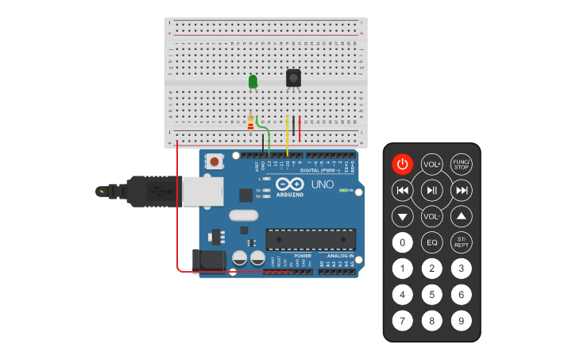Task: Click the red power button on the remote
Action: click(403, 165)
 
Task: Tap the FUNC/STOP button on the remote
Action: click(461, 165)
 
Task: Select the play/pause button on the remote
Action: click(431, 190)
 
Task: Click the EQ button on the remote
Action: click(431, 242)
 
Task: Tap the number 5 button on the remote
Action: click(431, 295)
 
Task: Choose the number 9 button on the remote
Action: click(461, 321)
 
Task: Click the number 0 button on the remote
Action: click(403, 242)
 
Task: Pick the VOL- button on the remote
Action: click(431, 216)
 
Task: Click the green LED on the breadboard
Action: click(253, 81)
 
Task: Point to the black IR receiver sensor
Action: click(293, 78)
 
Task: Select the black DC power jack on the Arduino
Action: click(208, 259)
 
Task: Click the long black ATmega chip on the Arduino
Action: click(310, 238)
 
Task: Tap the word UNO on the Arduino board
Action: click(322, 184)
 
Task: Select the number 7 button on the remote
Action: click(403, 321)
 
